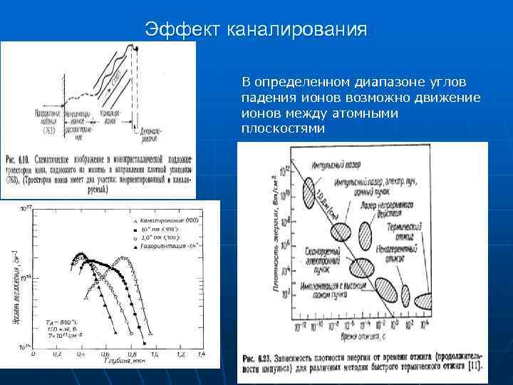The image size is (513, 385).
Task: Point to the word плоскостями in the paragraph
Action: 282,129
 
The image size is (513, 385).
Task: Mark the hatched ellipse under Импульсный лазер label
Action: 309,190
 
